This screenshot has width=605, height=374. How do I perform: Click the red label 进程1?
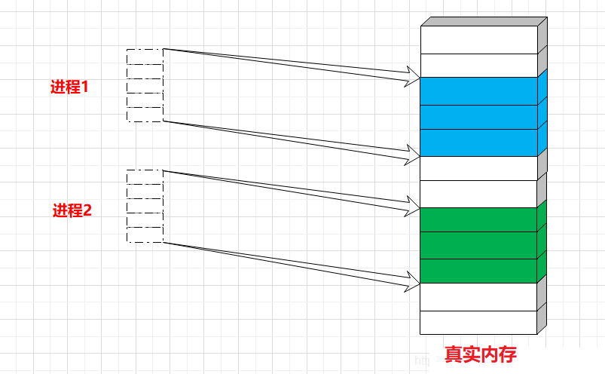pyautogui.click(x=69, y=87)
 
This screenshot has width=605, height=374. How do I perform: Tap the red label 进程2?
pyautogui.click(x=72, y=210)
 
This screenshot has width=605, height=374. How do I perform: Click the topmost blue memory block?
pyautogui.click(x=479, y=91)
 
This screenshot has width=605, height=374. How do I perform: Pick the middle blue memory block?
pyautogui.click(x=479, y=117)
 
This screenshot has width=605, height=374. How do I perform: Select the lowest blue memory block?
pyautogui.click(x=479, y=143)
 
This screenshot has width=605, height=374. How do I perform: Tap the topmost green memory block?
pyautogui.click(x=479, y=219)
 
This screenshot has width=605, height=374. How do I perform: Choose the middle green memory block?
pyautogui.click(x=479, y=245)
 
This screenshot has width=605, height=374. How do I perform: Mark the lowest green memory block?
pyautogui.click(x=479, y=271)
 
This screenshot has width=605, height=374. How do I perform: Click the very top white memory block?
pyautogui.click(x=479, y=40)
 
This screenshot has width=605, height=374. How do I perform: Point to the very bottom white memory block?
pyautogui.click(x=479, y=322)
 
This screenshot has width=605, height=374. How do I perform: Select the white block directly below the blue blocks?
pyautogui.click(x=479, y=168)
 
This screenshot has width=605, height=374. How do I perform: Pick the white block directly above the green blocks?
pyautogui.click(x=479, y=194)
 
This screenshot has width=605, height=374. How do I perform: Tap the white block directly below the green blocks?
pyautogui.click(x=479, y=296)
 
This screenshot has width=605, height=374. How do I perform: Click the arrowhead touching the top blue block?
pyautogui.click(x=413, y=75)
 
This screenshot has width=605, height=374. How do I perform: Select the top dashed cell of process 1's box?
pyautogui.click(x=145, y=57)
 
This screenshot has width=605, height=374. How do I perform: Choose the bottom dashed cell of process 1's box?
pyautogui.click(x=145, y=114)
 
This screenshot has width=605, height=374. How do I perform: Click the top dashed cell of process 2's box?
pyautogui.click(x=145, y=178)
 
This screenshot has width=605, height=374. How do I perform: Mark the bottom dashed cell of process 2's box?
pyautogui.click(x=145, y=235)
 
